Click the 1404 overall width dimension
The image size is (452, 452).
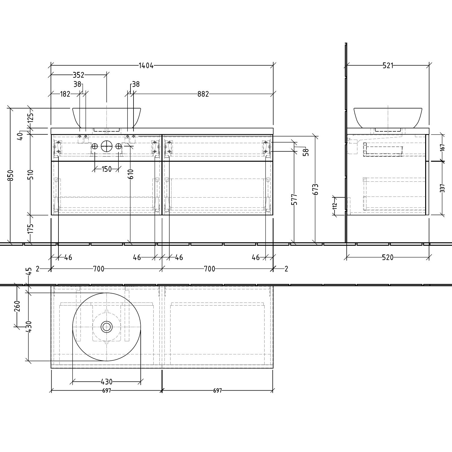(x=146, y=65)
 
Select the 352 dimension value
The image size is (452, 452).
(x=78, y=75)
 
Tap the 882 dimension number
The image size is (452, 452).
(x=203, y=94)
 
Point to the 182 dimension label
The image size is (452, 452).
(x=65, y=94)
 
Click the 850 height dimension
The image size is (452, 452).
(x=11, y=175)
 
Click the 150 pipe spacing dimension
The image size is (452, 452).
(x=106, y=169)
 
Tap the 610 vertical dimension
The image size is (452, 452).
(x=130, y=174)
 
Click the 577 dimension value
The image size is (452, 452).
(x=294, y=199)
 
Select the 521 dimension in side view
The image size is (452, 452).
(x=388, y=65)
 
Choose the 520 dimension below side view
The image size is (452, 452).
(x=388, y=257)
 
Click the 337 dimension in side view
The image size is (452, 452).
(x=442, y=188)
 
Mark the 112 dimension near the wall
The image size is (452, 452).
(x=335, y=206)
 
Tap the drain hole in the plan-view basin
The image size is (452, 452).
(x=106, y=327)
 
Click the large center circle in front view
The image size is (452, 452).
(x=106, y=146)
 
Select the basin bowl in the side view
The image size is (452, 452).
(x=388, y=118)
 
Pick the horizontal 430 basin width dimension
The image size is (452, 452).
(x=106, y=382)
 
